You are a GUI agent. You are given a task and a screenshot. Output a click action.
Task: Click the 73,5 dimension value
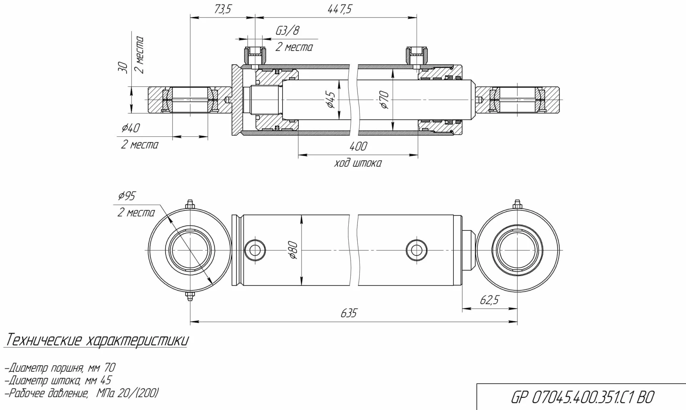[x=223, y=9]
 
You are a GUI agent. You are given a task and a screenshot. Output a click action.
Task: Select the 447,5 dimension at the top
[x=339, y=9]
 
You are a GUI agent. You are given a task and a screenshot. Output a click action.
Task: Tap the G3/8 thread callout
[x=287, y=31]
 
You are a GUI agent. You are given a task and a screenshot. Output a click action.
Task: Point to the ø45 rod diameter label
[x=330, y=100]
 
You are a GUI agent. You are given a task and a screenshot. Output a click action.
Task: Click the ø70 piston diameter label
[x=384, y=100]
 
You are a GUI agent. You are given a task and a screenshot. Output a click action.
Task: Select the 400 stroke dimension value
[x=358, y=146]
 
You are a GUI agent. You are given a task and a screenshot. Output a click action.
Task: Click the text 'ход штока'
[x=358, y=164]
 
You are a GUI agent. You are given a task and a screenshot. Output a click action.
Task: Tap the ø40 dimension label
[x=131, y=128]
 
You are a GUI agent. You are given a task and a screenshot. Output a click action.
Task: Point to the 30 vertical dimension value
[x=123, y=68]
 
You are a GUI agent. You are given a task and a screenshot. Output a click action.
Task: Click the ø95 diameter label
[x=126, y=196]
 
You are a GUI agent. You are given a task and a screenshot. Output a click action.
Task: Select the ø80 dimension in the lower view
[x=293, y=250]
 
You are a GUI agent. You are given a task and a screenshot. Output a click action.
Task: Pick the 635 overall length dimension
[x=348, y=313]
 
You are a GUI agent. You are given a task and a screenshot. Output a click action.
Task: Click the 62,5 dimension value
[x=489, y=300]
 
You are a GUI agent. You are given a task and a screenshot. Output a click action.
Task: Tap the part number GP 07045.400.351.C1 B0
[x=583, y=397]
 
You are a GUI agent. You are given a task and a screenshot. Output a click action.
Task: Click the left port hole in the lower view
[x=255, y=250]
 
